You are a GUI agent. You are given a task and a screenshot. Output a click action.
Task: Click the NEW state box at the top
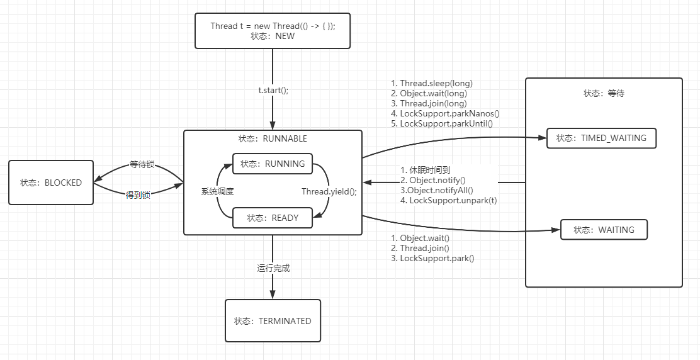click(272, 31)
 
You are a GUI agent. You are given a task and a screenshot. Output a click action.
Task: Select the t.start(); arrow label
click(273, 90)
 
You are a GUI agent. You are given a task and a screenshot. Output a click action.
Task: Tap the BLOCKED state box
click(51, 183)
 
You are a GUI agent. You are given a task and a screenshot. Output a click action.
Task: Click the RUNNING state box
click(272, 164)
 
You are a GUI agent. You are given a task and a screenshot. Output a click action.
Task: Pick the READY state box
click(272, 218)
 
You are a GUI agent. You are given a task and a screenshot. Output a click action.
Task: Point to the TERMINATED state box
click(273, 321)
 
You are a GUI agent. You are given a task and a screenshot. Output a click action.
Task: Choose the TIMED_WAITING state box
click(601, 138)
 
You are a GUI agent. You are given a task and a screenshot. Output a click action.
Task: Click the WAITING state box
click(604, 230)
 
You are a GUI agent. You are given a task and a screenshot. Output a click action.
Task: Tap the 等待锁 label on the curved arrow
click(142, 165)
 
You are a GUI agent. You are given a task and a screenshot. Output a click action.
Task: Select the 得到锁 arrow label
click(137, 195)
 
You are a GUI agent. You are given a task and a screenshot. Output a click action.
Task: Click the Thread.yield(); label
click(329, 191)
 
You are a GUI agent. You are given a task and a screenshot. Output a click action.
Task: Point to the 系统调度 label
click(218, 191)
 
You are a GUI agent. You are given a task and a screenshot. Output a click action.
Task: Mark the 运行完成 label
click(273, 268)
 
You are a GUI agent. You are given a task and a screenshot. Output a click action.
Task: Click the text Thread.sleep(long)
click(436, 83)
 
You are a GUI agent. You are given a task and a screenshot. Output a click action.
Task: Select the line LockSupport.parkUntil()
click(446, 123)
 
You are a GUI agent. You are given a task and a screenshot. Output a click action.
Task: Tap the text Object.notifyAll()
click(439, 190)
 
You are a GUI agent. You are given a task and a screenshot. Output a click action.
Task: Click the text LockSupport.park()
click(437, 258)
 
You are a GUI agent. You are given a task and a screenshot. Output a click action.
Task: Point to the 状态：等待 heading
click(604, 93)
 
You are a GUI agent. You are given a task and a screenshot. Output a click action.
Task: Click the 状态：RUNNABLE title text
click(273, 138)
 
